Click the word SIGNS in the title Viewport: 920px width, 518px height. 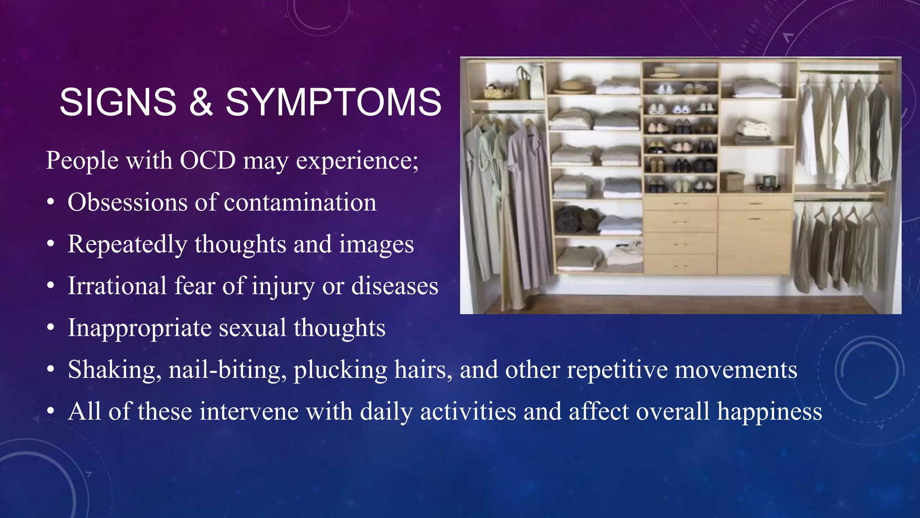click(x=118, y=103)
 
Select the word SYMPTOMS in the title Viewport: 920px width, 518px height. click(x=333, y=103)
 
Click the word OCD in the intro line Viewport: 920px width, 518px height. click(x=208, y=160)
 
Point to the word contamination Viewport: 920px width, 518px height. click(x=300, y=202)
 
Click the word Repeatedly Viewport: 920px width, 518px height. click(x=127, y=245)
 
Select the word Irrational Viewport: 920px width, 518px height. click(x=117, y=286)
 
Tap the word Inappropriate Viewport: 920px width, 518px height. click(x=139, y=328)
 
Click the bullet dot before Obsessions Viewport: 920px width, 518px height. click(x=51, y=203)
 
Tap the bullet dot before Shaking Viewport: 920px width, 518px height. click(x=51, y=370)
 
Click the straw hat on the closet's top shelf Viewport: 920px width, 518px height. click(x=571, y=85)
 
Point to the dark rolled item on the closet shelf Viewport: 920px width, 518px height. click(x=571, y=219)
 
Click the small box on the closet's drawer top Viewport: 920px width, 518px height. click(x=732, y=182)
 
